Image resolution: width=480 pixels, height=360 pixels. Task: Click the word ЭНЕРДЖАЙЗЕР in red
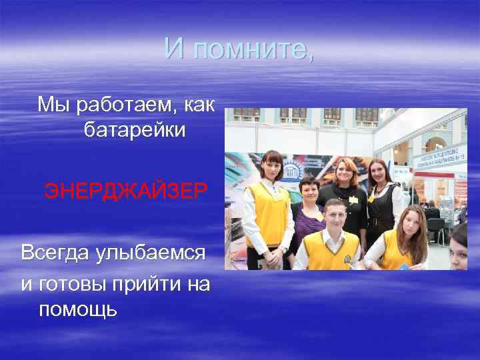click(126, 192)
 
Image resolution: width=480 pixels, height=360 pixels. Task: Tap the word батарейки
click(135, 131)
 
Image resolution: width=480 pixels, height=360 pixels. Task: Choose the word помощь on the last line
click(78, 309)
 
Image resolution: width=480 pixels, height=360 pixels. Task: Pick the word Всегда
click(55, 253)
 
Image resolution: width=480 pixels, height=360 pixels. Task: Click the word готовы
click(70, 285)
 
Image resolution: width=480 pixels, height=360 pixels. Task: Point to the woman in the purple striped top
click(307, 213)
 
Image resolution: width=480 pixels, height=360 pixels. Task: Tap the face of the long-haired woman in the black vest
click(379, 173)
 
